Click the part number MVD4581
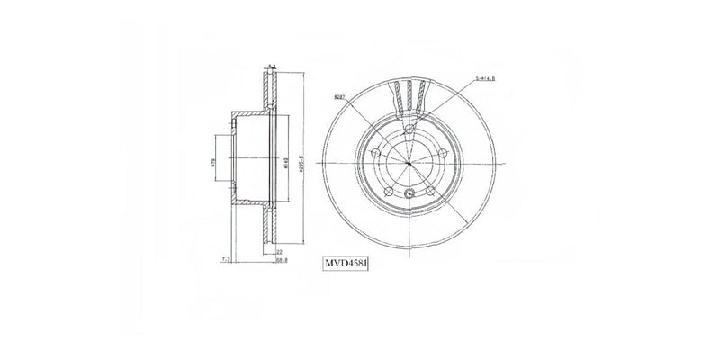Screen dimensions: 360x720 [x=348, y=265]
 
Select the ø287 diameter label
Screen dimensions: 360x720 [x=339, y=95]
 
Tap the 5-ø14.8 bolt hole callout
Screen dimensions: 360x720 [x=487, y=79]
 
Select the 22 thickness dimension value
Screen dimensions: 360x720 [x=280, y=252]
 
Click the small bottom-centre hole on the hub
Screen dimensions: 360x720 [x=409, y=195]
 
